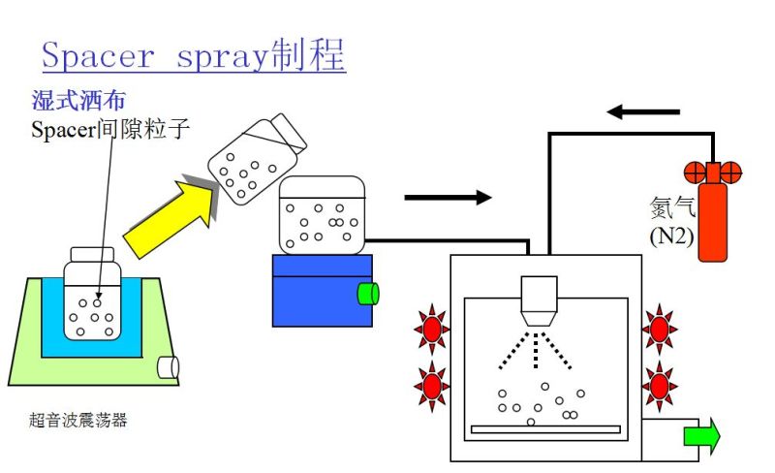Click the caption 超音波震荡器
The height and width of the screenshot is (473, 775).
point(78,420)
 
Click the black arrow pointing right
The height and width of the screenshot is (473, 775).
point(448,198)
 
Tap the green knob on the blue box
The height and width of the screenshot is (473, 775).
point(367,293)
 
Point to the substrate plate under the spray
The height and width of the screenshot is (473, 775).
point(544,427)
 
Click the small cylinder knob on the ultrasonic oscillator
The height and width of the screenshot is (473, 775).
point(169,366)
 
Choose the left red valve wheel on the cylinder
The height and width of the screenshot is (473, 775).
point(694,173)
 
